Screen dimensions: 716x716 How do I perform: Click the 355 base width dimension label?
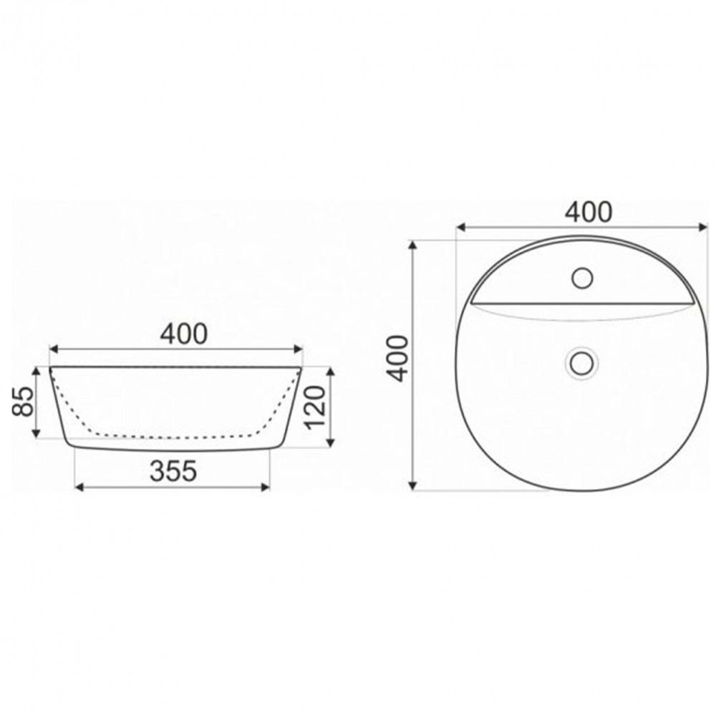[173, 471]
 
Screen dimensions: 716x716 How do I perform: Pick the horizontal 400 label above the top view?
[589, 213]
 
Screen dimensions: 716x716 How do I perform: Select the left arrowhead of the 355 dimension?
[79, 487]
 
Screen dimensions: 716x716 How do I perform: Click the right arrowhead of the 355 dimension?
[266, 487]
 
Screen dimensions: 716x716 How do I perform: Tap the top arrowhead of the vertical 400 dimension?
[412, 246]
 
